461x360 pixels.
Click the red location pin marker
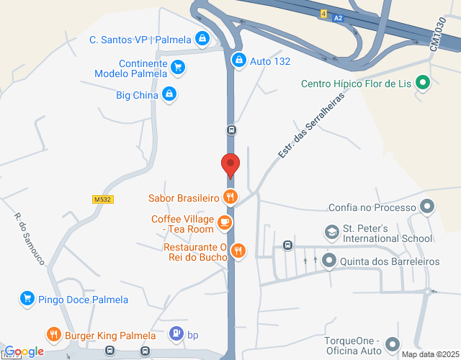click(x=230, y=165)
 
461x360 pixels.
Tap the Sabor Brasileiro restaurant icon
click(x=230, y=197)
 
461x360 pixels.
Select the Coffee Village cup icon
click(x=225, y=222)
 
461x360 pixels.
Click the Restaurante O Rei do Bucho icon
click(x=238, y=251)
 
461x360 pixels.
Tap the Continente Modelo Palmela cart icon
click(x=177, y=68)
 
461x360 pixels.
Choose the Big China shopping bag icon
click(x=169, y=94)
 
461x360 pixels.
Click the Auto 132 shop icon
click(x=238, y=60)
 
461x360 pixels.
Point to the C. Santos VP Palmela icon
click(x=203, y=39)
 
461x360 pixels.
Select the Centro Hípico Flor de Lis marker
click(x=422, y=83)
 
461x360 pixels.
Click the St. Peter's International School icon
click(x=331, y=233)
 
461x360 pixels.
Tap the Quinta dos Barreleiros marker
click(x=329, y=261)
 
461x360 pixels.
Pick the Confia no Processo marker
click(x=427, y=207)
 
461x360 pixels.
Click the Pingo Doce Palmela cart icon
click(x=27, y=299)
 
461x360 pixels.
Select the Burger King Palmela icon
click(x=54, y=335)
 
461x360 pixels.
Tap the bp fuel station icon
click(x=176, y=334)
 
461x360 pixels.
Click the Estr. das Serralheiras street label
click(x=311, y=126)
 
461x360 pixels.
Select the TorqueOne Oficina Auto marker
click(x=393, y=344)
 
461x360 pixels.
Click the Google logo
click(x=24, y=351)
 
